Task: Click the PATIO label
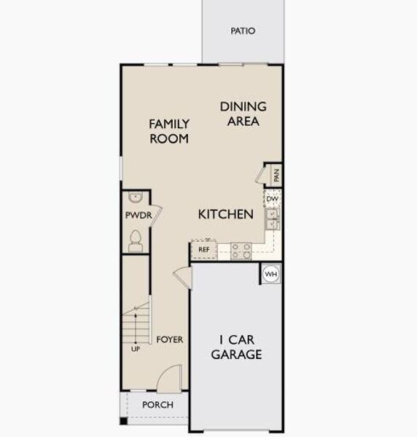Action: coord(243,31)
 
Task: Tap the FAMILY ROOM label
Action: coord(169,131)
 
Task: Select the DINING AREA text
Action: coord(243,114)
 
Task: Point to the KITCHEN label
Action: coord(226,214)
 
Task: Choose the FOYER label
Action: coord(169,339)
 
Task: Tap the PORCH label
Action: coord(157,405)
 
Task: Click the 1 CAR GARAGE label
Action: coord(236,347)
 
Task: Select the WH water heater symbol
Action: coord(271,275)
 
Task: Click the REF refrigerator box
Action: coord(204,249)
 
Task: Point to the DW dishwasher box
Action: coord(272,199)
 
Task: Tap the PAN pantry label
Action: coord(276,175)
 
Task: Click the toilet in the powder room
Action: coord(135,240)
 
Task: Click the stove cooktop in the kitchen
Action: coord(242,250)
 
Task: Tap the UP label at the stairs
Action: coord(135,349)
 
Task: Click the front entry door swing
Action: coord(169,379)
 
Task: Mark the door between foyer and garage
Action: coord(183,277)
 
